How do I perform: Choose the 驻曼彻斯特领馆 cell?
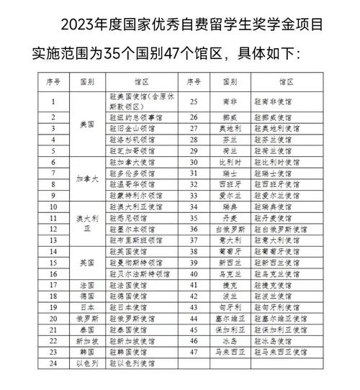coord(138,263)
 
